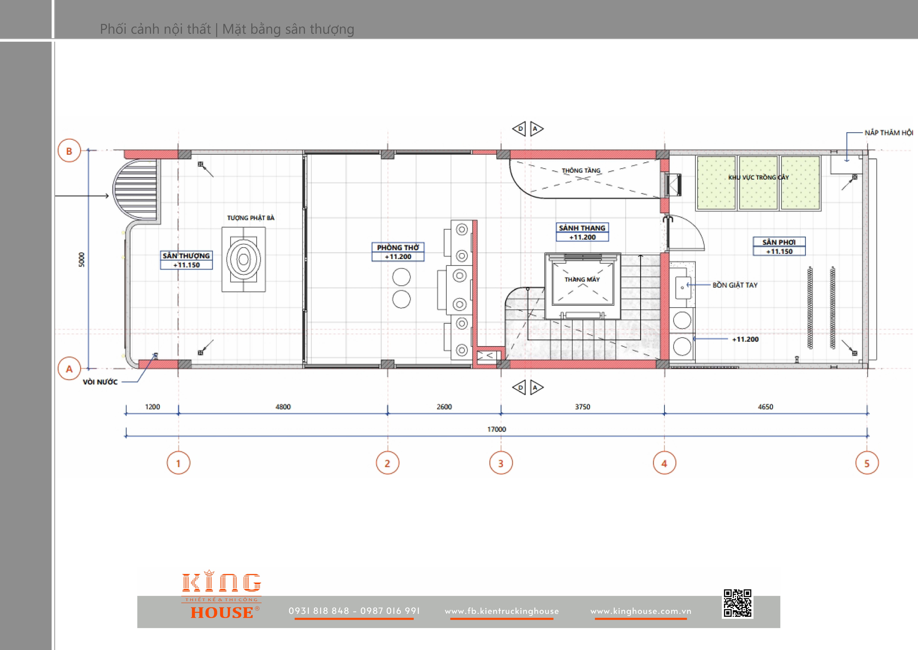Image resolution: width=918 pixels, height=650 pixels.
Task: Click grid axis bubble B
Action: click(69, 151)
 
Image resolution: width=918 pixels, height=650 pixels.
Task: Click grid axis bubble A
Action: click(69, 369)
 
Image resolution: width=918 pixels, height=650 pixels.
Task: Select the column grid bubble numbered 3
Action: click(501, 463)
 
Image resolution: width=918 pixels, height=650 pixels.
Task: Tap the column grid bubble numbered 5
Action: click(867, 463)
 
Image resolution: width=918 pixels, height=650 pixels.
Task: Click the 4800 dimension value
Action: click(283, 407)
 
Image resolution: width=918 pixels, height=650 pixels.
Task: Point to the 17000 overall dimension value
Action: click(497, 429)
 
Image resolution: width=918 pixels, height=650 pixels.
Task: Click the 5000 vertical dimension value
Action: click(82, 259)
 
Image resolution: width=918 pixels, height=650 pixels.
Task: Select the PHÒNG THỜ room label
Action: click(398, 247)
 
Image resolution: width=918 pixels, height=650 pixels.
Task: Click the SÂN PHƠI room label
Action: click(779, 242)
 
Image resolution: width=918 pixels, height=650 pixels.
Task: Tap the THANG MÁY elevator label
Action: click(582, 279)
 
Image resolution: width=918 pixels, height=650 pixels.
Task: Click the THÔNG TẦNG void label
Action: click(581, 170)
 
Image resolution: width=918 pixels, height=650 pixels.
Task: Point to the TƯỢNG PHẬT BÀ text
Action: click(251, 218)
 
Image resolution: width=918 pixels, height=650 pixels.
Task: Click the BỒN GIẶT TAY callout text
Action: click(735, 285)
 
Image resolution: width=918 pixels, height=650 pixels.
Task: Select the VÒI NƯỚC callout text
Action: click(100, 382)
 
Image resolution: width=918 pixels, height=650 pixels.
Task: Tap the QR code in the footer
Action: click(738, 603)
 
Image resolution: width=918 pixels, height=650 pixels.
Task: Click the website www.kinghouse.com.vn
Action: click(641, 611)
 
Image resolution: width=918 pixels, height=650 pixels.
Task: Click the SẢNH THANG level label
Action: click(582, 228)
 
